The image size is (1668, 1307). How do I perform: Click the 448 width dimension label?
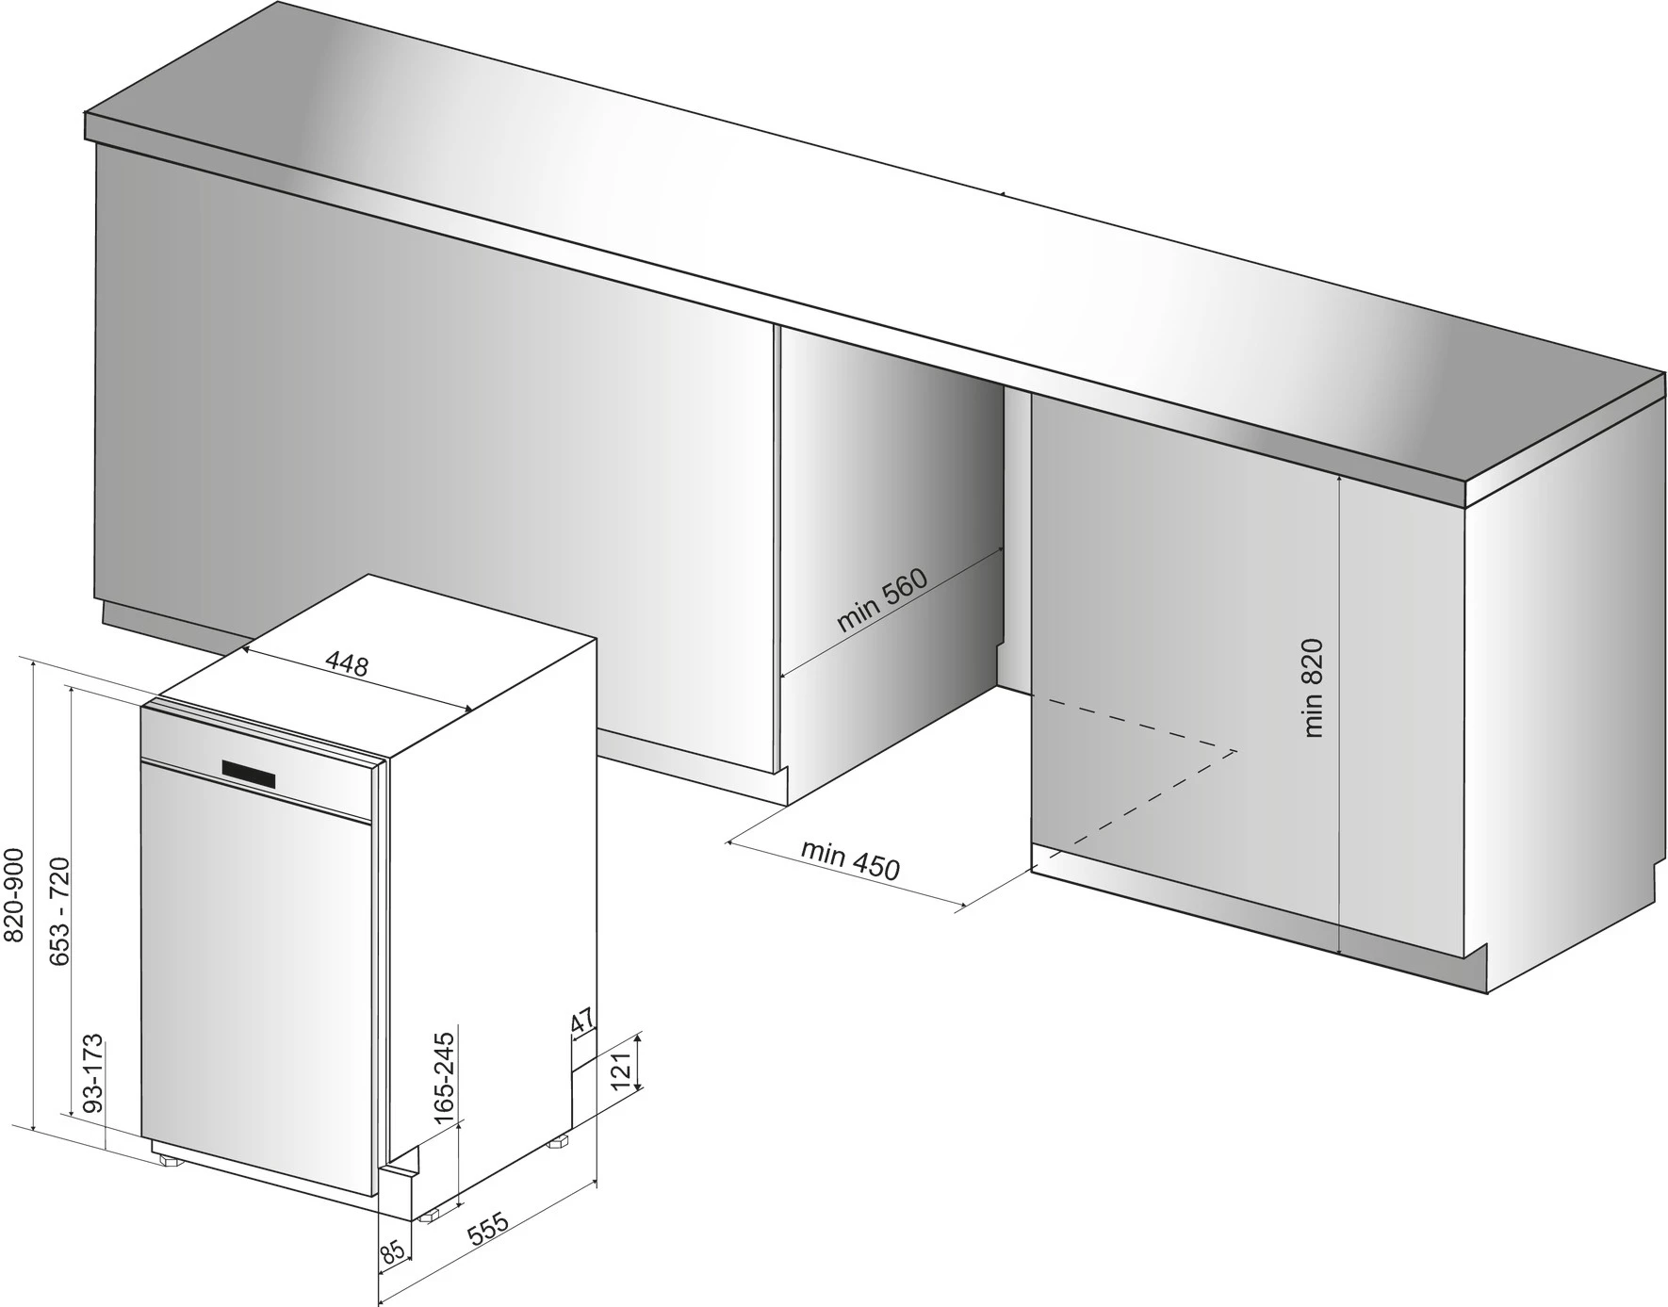click(x=347, y=663)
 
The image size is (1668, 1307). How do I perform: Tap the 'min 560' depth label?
click(x=882, y=600)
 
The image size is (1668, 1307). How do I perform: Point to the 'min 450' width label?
click(x=850, y=859)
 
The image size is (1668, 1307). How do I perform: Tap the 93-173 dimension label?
click(x=92, y=1075)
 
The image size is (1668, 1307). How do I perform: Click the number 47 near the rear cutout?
click(x=582, y=1021)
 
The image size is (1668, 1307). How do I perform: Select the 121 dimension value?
click(x=621, y=1072)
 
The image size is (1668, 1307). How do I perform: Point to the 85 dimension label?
click(x=393, y=1251)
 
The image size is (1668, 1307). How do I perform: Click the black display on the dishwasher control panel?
click(x=250, y=774)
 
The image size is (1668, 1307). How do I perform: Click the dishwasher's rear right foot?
click(x=561, y=1141)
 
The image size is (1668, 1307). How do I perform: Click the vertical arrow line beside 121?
click(x=638, y=1062)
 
